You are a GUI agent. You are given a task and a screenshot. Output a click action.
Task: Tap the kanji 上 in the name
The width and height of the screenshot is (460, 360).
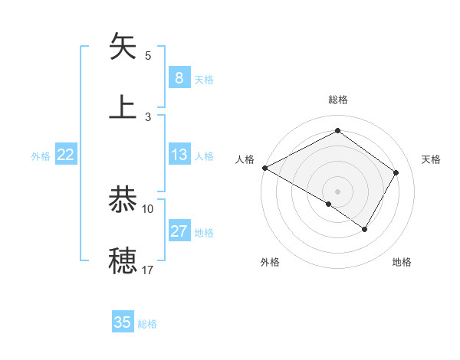[x=123, y=106]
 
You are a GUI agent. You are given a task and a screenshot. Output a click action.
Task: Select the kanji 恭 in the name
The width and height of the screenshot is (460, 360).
[x=123, y=199]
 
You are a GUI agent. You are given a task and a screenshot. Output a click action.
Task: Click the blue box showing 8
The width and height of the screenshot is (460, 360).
[x=179, y=78]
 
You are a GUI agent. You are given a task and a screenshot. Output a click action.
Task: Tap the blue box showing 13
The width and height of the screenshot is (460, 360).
[x=179, y=155]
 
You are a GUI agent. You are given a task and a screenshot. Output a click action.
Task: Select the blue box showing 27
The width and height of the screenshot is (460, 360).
[x=179, y=231]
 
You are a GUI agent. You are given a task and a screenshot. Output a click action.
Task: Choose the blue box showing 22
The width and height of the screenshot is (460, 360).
[x=65, y=155]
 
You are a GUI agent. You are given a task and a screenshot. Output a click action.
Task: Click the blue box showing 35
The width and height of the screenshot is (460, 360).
[x=123, y=322]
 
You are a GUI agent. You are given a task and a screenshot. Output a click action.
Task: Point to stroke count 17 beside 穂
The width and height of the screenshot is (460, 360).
[x=147, y=270]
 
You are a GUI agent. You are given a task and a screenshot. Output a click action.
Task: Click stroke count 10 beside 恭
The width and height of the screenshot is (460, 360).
[x=147, y=208]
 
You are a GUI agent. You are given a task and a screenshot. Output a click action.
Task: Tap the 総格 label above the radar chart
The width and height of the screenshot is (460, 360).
[x=337, y=100]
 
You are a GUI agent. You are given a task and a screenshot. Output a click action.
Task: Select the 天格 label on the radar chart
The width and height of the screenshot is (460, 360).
[x=431, y=159]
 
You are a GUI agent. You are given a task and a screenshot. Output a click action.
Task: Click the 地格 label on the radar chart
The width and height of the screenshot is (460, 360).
[x=402, y=262]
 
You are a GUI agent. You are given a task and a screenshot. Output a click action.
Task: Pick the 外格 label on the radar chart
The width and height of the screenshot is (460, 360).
[x=270, y=262]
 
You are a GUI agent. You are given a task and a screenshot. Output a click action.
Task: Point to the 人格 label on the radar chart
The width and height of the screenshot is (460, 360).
[x=245, y=159]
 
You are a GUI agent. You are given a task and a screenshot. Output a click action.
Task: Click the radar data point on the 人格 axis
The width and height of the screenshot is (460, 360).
[x=264, y=168]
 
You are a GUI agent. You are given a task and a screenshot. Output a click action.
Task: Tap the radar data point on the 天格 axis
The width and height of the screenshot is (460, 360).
[x=396, y=172]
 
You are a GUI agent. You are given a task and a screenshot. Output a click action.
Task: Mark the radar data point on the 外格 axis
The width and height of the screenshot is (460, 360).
[x=329, y=204]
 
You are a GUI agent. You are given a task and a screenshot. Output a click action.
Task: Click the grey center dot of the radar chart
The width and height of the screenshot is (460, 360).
[x=337, y=191]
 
